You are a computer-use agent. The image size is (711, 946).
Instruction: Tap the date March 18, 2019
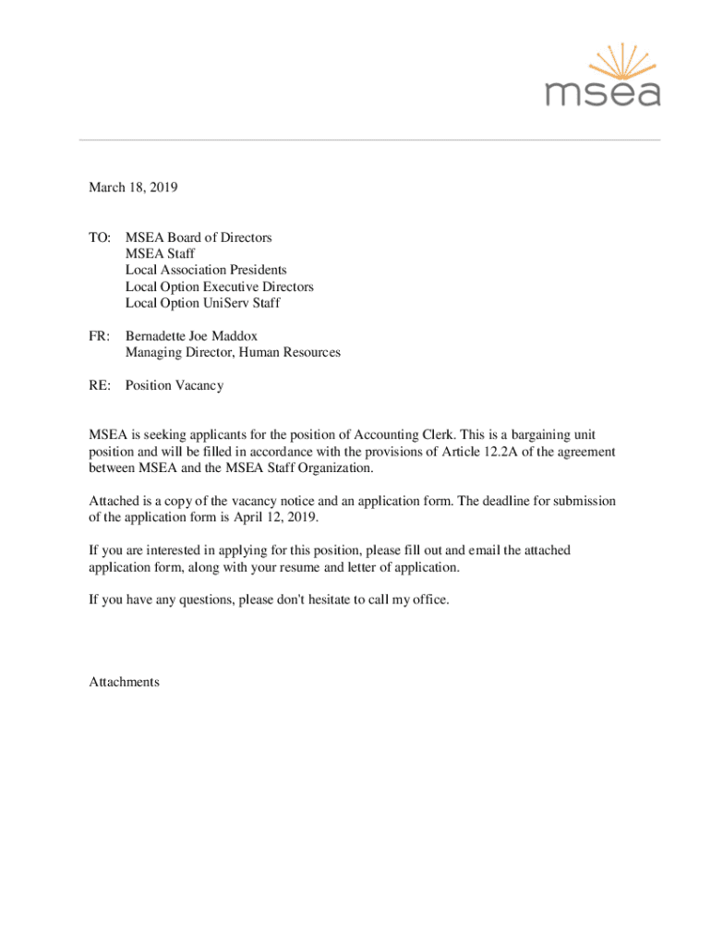(133, 188)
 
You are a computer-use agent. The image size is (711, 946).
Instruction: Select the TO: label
(100, 237)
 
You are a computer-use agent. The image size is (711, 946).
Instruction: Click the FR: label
(100, 336)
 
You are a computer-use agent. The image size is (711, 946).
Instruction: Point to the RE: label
(100, 385)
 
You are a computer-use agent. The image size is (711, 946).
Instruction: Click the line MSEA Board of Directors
(199, 237)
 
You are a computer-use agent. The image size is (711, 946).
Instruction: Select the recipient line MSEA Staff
(160, 254)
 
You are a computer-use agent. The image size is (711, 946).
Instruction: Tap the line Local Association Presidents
(206, 270)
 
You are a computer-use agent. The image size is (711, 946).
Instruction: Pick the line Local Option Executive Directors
(219, 286)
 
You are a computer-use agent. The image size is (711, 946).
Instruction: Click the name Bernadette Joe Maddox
(191, 336)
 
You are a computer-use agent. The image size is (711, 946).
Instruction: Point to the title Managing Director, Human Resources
(233, 352)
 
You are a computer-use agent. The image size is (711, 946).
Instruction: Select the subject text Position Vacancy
(175, 385)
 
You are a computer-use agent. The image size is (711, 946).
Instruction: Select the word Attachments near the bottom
(124, 682)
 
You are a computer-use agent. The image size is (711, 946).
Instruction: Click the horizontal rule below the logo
(369, 139)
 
